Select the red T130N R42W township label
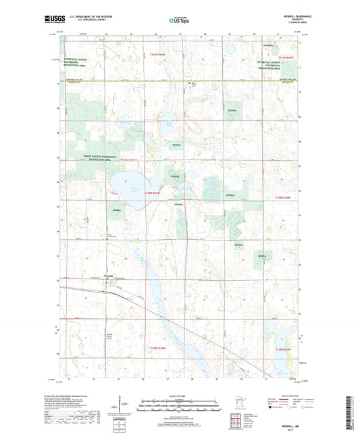tap(283, 197)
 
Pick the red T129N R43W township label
tap(157, 349)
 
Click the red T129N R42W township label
tap(283, 349)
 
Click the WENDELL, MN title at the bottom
tap(179, 423)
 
